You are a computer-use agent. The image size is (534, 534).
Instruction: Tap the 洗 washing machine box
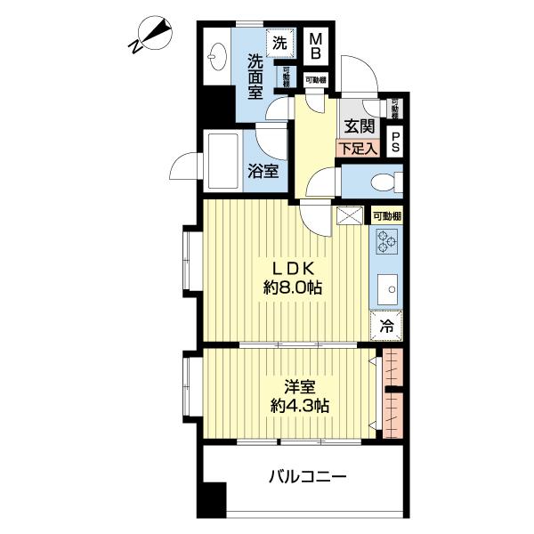point(280,42)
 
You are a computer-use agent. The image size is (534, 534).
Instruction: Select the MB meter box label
point(314,45)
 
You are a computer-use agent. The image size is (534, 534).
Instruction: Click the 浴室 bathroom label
point(264,169)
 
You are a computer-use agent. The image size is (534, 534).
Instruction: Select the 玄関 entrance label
point(360,127)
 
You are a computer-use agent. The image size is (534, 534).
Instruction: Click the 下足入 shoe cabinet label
point(359,149)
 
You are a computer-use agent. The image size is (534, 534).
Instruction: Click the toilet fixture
point(385,183)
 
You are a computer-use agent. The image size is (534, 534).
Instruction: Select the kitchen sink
point(388,289)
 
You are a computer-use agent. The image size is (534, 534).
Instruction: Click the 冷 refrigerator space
point(387,326)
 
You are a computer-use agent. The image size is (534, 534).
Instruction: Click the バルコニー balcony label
point(307,477)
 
